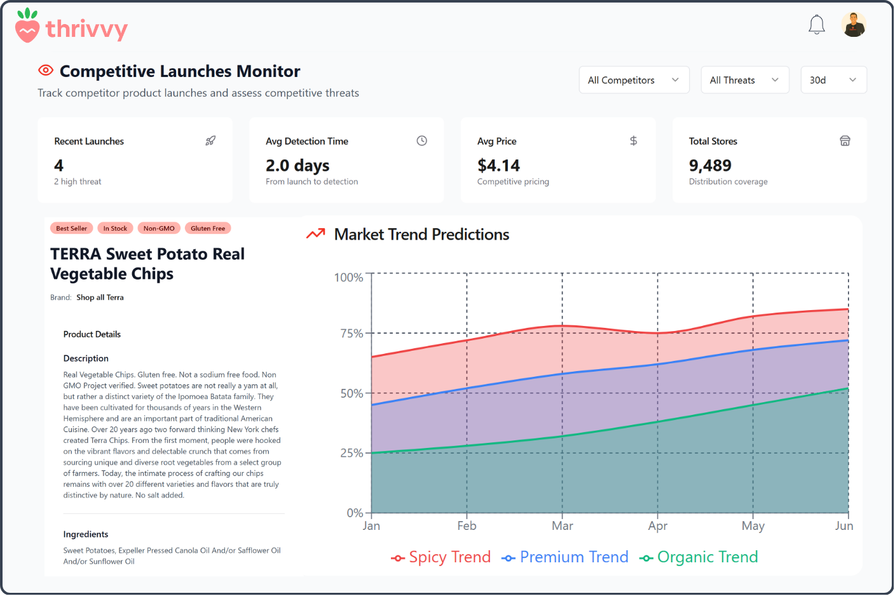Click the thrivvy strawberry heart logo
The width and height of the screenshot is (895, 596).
27,26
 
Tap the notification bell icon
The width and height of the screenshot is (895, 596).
816,25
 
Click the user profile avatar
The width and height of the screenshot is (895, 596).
854,25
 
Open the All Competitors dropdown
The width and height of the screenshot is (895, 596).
634,80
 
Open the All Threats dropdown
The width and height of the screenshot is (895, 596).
744,80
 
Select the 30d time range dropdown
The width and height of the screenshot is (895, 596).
833,80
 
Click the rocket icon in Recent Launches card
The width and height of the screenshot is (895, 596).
210,141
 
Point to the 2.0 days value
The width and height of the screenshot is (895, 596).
297,166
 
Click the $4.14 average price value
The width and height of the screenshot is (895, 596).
498,166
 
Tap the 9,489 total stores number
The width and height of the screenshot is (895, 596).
710,166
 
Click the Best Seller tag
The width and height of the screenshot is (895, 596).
71,228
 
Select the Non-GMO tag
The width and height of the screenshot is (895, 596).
159,228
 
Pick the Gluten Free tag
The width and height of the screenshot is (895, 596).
208,228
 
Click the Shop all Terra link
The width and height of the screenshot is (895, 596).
100,297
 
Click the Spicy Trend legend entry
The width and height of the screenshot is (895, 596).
441,557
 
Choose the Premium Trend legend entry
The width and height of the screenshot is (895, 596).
564,557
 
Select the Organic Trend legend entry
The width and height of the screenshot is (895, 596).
699,557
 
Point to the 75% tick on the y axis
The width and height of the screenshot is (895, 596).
352,334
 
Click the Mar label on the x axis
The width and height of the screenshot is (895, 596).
562,526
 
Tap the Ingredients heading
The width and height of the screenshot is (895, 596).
86,534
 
